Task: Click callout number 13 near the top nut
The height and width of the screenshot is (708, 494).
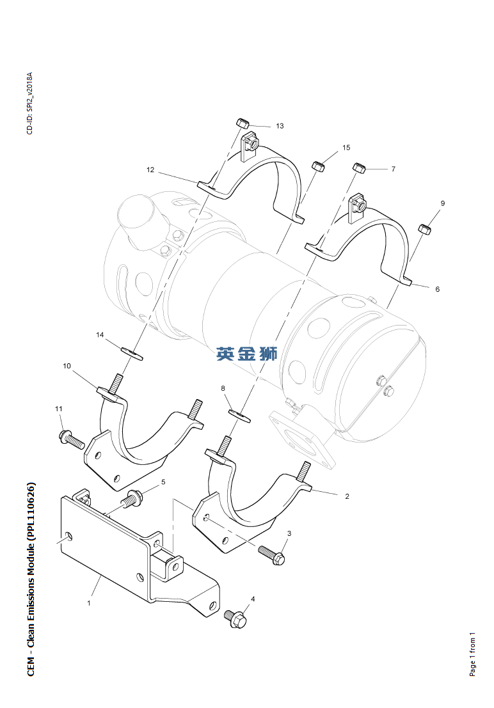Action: pos(280,126)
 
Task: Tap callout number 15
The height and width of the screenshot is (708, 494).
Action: pos(346,148)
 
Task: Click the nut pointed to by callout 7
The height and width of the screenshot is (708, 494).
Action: pos(358,168)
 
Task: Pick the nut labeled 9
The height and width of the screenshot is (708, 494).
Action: pos(424,228)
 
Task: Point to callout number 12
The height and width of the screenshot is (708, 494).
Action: pos(150,170)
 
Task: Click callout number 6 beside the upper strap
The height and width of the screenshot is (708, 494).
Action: pos(438,289)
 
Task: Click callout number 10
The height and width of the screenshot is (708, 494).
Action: pos(67,366)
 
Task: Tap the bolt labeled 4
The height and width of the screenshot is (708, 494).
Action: pos(236,618)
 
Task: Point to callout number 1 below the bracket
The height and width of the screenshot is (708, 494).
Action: pos(89,602)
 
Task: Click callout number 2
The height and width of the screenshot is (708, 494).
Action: pos(347,496)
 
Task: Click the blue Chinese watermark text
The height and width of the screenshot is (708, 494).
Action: pos(246,353)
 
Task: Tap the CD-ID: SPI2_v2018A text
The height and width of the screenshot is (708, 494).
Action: pos(29,103)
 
